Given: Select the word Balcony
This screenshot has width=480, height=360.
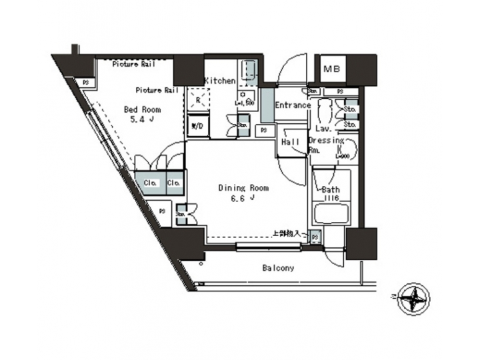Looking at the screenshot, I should click(x=278, y=268).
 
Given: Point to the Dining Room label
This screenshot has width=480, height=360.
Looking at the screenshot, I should click(x=243, y=188).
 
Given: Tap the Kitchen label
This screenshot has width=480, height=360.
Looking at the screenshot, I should click(x=219, y=81).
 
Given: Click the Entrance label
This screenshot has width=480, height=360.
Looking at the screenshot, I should click(x=293, y=105).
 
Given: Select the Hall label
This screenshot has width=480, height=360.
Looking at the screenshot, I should click(x=290, y=142).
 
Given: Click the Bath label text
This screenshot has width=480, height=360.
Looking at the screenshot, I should click(x=331, y=190).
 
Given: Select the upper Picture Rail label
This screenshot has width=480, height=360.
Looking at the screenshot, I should click(x=134, y=64).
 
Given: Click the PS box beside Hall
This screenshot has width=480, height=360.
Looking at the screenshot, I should click(x=265, y=130).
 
